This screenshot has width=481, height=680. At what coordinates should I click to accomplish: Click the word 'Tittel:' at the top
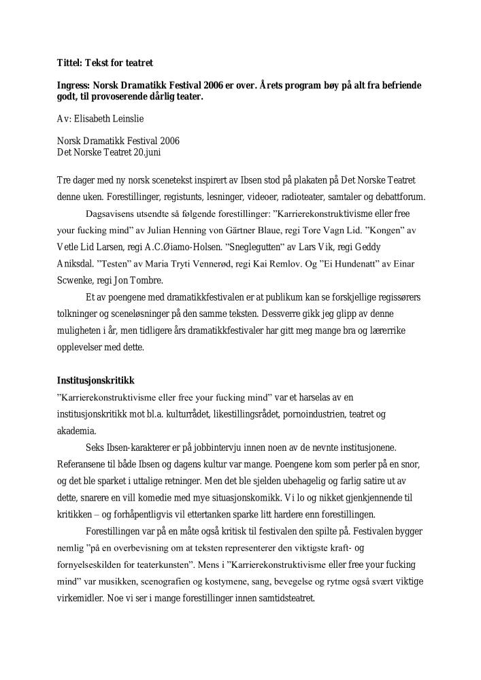[x=69, y=63]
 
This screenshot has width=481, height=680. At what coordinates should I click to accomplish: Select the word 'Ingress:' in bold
[x=73, y=87]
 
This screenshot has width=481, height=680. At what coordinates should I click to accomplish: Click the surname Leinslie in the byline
[x=131, y=118]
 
